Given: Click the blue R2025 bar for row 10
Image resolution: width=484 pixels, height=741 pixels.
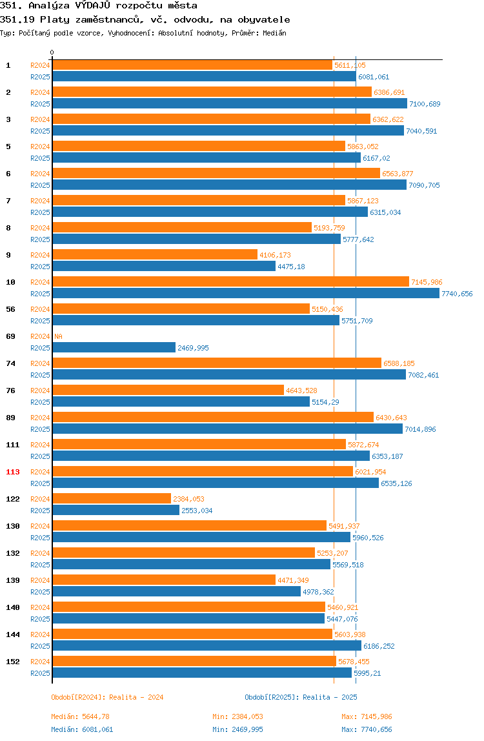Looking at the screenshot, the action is pyautogui.click(x=246, y=294).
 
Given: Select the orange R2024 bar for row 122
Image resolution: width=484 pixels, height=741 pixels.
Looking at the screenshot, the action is pyautogui.click(x=112, y=498).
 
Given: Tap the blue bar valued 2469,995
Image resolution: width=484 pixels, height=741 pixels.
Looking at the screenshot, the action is pyautogui.click(x=114, y=348).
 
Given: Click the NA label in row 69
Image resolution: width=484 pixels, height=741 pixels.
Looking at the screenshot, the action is pyautogui.click(x=58, y=336).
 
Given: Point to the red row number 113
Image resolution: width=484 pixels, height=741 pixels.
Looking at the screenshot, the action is pyautogui.click(x=13, y=472).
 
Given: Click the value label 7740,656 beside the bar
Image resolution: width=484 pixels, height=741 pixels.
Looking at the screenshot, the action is pyautogui.click(x=457, y=294).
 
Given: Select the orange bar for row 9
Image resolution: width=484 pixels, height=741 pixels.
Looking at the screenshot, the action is pyautogui.click(x=155, y=255).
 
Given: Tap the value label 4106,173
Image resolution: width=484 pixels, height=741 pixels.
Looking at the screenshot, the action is pyautogui.click(x=275, y=255).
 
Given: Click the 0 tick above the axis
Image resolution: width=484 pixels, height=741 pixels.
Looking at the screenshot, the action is pyautogui.click(x=52, y=52).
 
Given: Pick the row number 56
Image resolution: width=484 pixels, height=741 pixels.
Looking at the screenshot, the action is pyautogui.click(x=10, y=310).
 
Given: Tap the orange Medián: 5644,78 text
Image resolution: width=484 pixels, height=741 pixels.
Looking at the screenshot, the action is pyautogui.click(x=81, y=717).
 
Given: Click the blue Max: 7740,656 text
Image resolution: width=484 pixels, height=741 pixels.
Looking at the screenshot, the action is pyautogui.click(x=367, y=729).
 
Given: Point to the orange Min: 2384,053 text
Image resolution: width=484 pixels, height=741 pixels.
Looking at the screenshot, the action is pyautogui.click(x=237, y=717).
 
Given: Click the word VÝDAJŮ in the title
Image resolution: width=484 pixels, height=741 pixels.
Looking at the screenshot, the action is pyautogui.click(x=93, y=6).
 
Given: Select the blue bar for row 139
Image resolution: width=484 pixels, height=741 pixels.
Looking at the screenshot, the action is pyautogui.click(x=176, y=592).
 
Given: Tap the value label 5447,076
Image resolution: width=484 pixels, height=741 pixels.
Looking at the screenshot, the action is pyautogui.click(x=342, y=619).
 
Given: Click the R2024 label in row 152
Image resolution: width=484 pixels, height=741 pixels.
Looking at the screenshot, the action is pyautogui.click(x=40, y=662).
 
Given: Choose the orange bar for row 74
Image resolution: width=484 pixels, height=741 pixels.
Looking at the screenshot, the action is pyautogui.click(x=217, y=363).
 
